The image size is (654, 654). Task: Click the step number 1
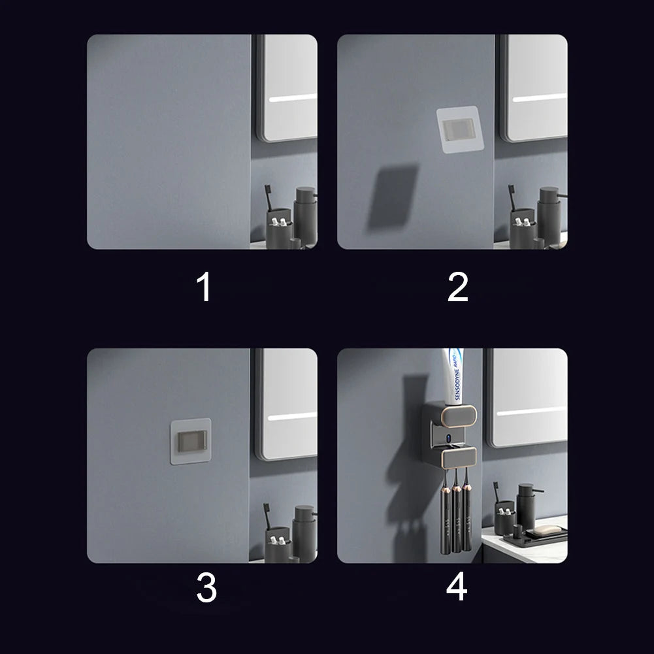click(x=204, y=287)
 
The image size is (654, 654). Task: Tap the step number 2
click(x=457, y=287)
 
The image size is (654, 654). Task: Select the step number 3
click(x=206, y=587)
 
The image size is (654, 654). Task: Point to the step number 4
click(x=457, y=586)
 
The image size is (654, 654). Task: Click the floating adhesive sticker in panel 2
click(x=460, y=129)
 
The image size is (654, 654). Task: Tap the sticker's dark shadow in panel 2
click(x=393, y=197)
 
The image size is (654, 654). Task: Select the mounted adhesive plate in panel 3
click(x=191, y=441)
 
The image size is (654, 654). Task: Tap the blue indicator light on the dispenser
click(x=448, y=438)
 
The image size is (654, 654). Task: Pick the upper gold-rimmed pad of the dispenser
click(x=459, y=416)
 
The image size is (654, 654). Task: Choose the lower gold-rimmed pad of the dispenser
click(x=459, y=457)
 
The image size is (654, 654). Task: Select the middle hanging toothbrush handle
click(x=456, y=517)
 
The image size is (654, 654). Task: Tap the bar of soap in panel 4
click(x=546, y=530)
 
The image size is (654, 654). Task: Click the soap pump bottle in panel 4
click(x=527, y=506)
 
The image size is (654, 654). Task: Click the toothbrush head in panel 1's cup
click(x=267, y=191)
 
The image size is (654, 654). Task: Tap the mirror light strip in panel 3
click(x=293, y=416)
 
